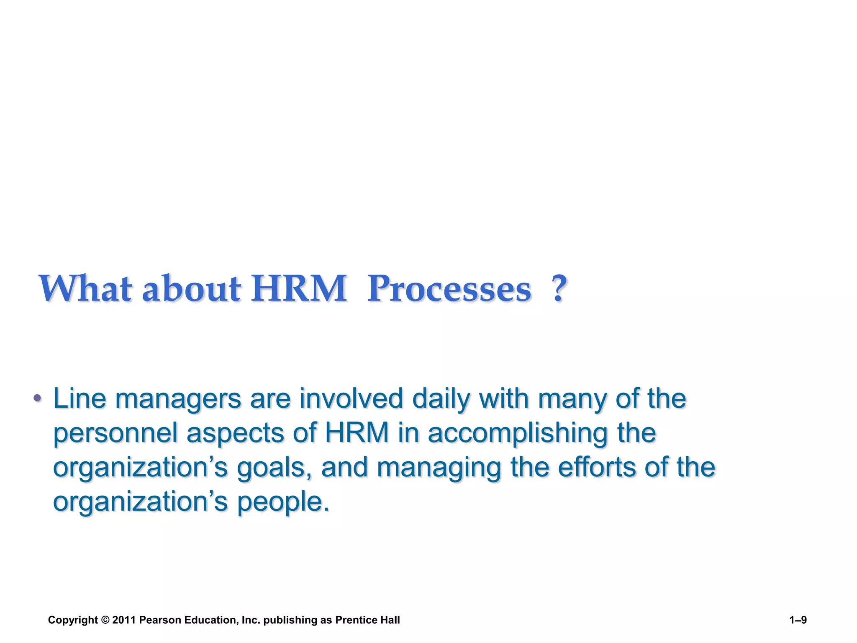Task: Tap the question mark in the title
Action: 559,288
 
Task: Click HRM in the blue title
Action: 299,288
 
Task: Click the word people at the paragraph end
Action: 283,502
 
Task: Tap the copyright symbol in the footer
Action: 105,620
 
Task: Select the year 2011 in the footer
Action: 124,620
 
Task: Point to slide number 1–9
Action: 798,620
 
